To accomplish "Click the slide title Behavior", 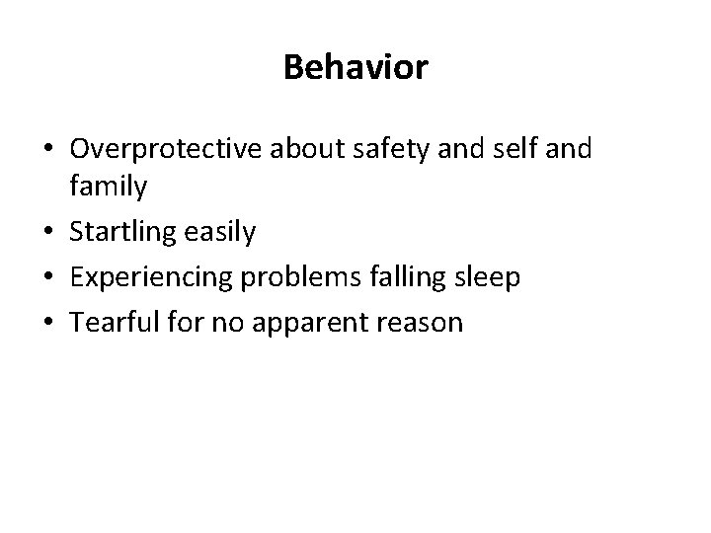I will [355, 67].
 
